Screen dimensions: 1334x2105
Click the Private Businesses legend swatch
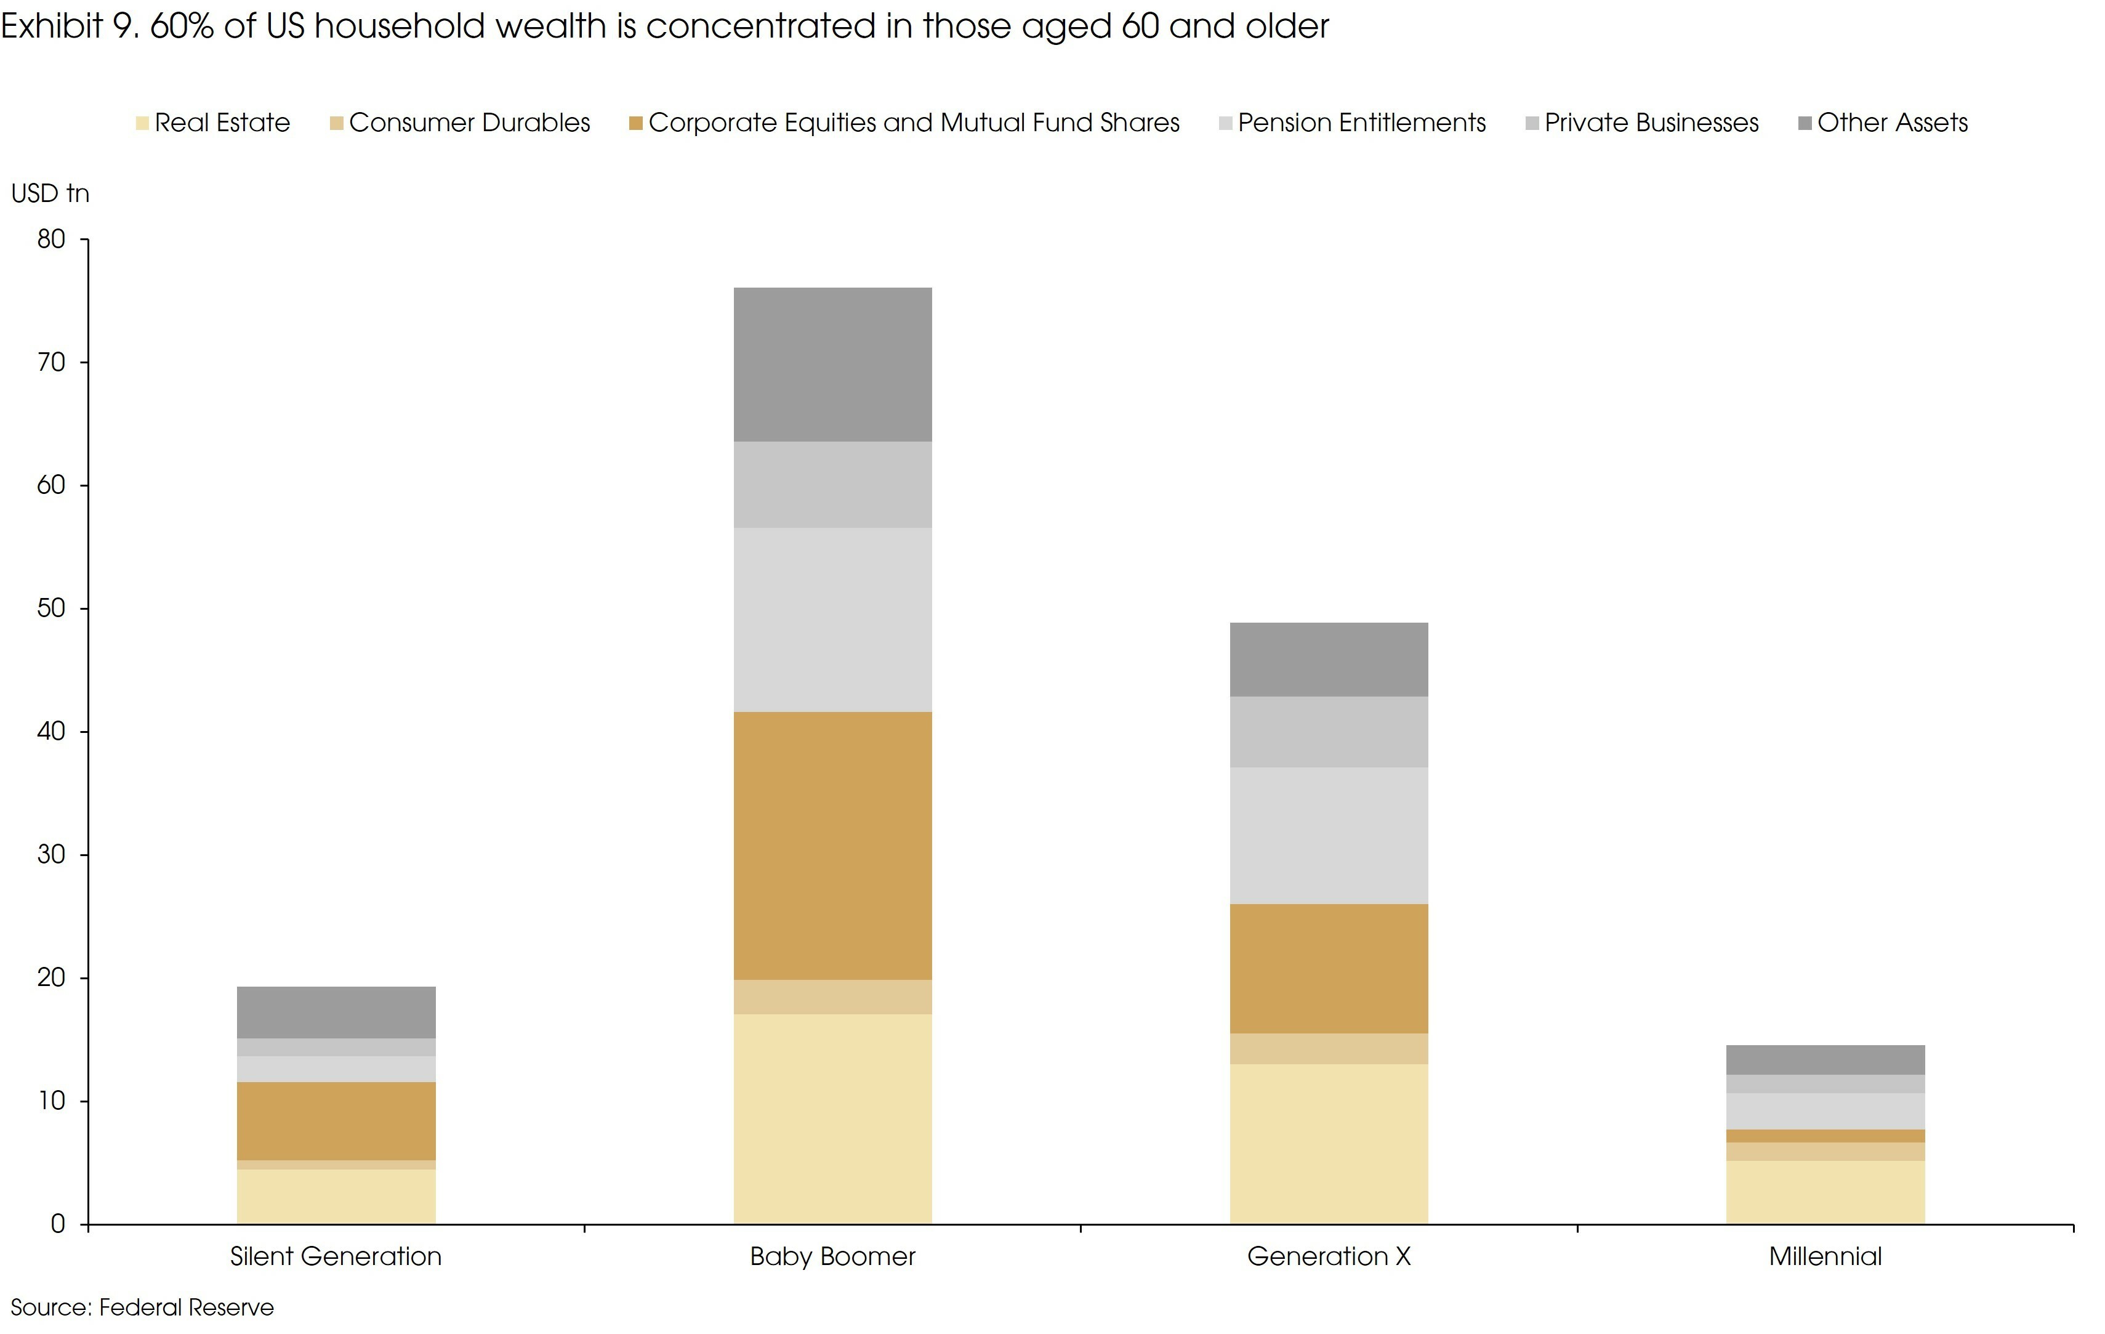coord(1532,123)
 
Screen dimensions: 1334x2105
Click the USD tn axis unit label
coord(50,193)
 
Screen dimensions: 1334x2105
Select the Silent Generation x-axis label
coord(336,1256)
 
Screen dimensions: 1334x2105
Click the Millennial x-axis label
coord(1825,1256)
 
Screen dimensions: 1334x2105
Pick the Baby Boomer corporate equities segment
coord(832,846)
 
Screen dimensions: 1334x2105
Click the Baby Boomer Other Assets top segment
coord(832,365)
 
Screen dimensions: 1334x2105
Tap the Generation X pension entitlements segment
coord(1329,835)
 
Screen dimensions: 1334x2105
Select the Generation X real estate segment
coord(1329,1144)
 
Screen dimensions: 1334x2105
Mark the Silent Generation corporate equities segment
coord(336,1121)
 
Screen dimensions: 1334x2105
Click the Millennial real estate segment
coord(1825,1192)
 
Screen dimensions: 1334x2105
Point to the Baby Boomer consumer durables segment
coord(832,996)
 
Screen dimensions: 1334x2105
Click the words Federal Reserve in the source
coord(186,1307)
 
